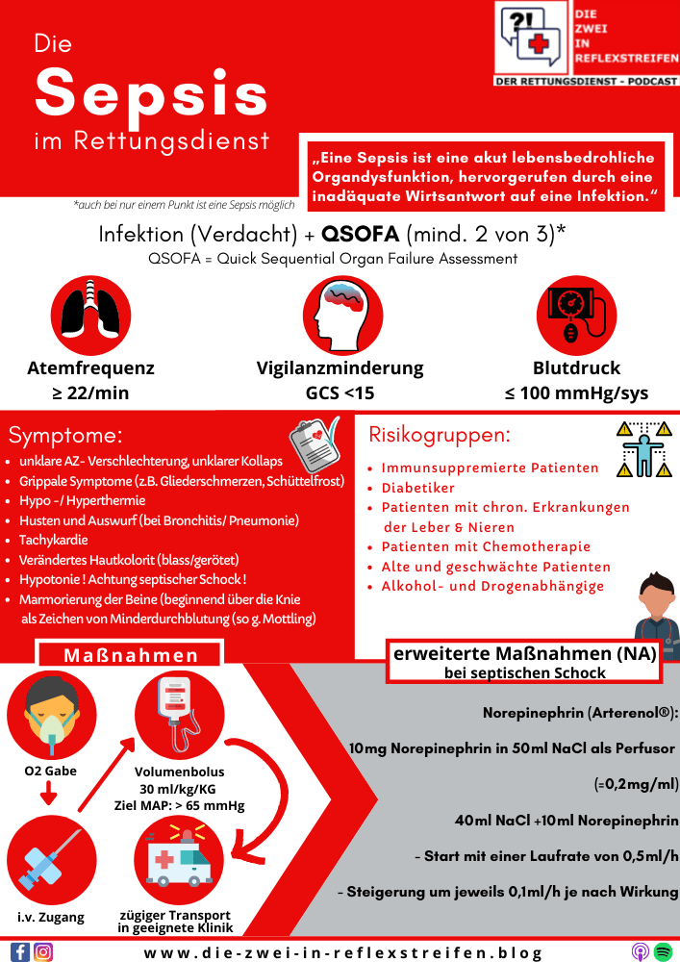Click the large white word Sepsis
152,93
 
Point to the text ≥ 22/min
90,392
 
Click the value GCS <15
340,392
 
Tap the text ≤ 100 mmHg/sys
576,392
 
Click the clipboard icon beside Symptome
314,440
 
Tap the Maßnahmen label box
131,655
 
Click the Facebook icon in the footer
19,951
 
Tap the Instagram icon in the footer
43,951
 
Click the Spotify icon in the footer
663,951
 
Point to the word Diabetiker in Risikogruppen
418,488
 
